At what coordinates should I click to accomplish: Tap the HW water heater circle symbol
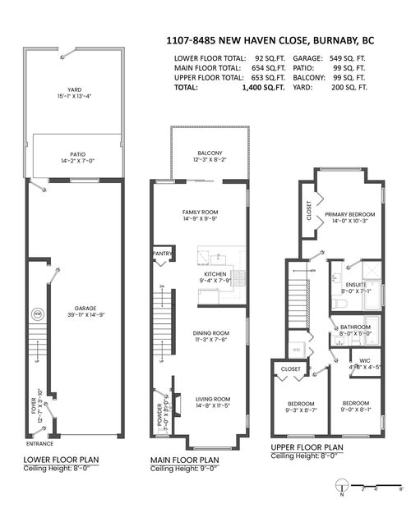pyautogui.click(x=37, y=314)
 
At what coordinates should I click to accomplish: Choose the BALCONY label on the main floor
pyautogui.click(x=210, y=153)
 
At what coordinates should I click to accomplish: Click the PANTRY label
pyautogui.click(x=162, y=254)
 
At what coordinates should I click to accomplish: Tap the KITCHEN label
pyautogui.click(x=216, y=273)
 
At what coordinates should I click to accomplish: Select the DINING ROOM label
pyautogui.click(x=210, y=333)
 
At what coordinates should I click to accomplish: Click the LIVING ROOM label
pyautogui.click(x=212, y=399)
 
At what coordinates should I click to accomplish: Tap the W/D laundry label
pyautogui.click(x=296, y=348)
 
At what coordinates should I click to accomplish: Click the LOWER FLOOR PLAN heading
pyautogui.click(x=54, y=459)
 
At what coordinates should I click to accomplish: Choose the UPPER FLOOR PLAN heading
pyautogui.click(x=308, y=446)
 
